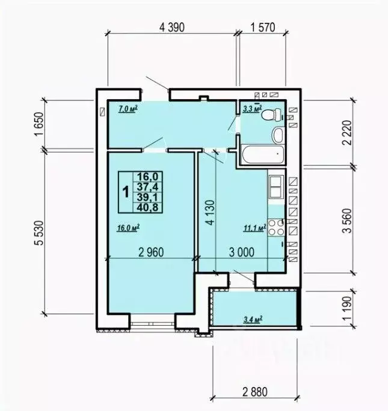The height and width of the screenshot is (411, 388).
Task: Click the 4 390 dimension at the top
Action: point(172,27)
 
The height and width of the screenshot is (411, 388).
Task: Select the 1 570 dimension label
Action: point(263,27)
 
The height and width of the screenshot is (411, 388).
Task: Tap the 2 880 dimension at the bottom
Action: point(255,392)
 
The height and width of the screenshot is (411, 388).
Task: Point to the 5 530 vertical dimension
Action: point(40,233)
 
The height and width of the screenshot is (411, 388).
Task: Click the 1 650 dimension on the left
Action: point(38,124)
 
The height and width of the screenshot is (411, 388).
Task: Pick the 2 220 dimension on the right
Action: point(347,133)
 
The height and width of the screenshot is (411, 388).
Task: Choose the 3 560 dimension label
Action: point(347,221)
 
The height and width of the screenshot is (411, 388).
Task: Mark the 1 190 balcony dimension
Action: point(347,308)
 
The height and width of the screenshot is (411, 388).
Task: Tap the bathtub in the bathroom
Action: point(263,154)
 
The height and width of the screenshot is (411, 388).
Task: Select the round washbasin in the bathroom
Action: point(279,135)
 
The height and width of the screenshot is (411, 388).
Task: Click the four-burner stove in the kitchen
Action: point(276,228)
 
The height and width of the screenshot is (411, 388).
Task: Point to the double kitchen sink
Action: point(276,187)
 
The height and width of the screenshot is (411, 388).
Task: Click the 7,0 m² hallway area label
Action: point(129,109)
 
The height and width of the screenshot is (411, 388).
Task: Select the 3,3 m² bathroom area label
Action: point(253,109)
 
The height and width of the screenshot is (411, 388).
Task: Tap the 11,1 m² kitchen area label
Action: point(255,228)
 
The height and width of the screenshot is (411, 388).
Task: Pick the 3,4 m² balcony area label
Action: point(253,320)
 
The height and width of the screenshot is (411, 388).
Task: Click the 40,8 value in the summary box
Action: point(148,207)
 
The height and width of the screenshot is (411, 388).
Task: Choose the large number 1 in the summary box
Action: point(126,192)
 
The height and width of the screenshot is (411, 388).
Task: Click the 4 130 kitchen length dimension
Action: point(211,213)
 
